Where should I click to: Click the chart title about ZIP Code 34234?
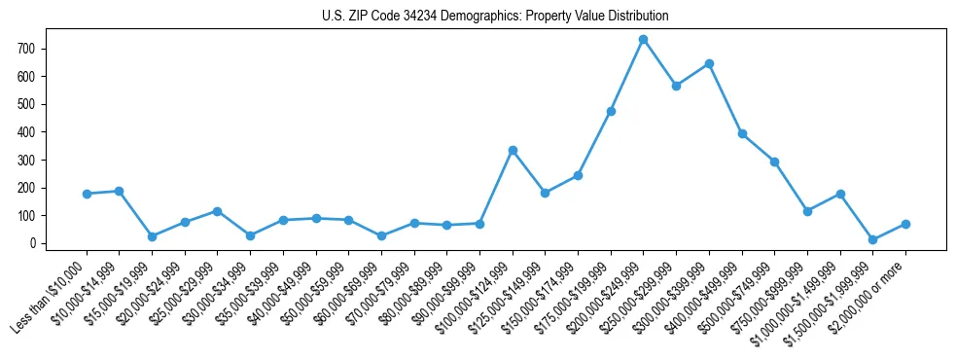click(x=495, y=17)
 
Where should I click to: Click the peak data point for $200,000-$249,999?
click(x=643, y=39)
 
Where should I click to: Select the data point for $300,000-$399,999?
click(x=709, y=63)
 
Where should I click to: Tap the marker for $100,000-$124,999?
click(x=513, y=150)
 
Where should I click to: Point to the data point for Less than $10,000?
click(x=87, y=194)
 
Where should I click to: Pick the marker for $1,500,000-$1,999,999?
click(x=872, y=239)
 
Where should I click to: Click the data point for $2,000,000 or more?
click(x=905, y=224)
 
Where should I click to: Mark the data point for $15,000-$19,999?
click(x=152, y=236)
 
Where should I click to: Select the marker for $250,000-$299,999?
click(x=676, y=86)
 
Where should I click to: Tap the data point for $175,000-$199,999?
click(x=611, y=111)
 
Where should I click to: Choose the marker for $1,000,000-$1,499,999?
click(x=840, y=194)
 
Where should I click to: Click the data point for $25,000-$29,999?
click(x=217, y=211)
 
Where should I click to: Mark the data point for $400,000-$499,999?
click(x=742, y=133)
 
